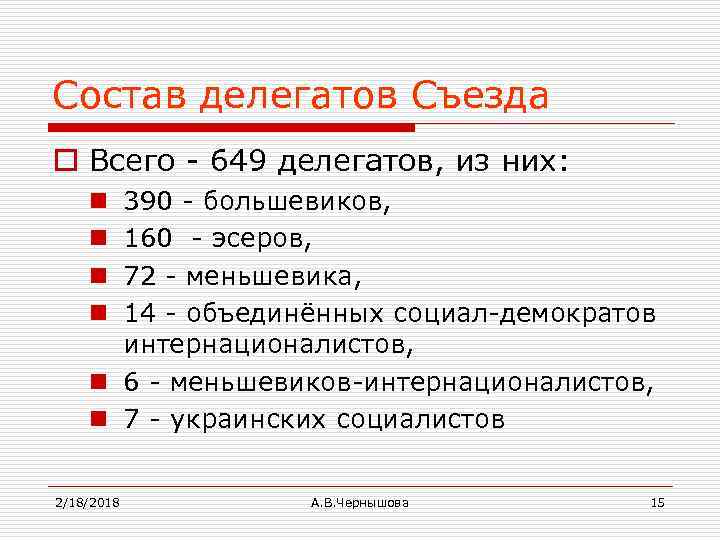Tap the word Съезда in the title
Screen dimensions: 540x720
(x=480, y=96)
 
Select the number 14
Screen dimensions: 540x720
(x=139, y=314)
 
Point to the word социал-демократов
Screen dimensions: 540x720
(x=525, y=314)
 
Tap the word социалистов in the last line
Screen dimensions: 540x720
(x=421, y=418)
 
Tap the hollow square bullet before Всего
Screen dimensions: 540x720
(x=69, y=161)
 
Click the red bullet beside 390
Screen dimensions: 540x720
(x=102, y=203)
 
